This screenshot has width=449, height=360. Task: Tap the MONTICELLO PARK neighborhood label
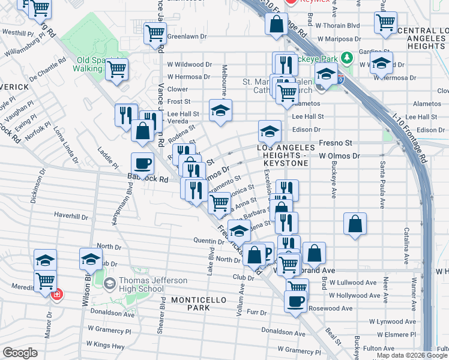click(x=190, y=303)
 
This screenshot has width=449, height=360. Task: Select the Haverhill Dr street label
click(x=71, y=215)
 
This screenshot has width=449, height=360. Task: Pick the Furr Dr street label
click(x=256, y=313)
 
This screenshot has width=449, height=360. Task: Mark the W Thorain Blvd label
click(x=337, y=26)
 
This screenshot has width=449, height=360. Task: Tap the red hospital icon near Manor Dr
click(x=57, y=295)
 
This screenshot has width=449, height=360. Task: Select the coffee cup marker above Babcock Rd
click(x=143, y=163)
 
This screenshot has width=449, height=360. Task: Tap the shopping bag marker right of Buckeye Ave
click(x=355, y=224)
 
